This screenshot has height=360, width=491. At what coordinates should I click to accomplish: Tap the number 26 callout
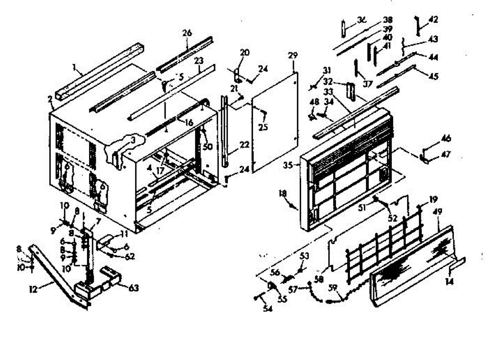click(x=187, y=33)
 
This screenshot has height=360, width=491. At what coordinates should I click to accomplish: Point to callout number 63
click(x=133, y=288)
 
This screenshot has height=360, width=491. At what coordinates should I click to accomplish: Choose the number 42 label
click(x=433, y=19)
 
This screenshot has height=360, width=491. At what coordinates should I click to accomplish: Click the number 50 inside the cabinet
click(x=208, y=146)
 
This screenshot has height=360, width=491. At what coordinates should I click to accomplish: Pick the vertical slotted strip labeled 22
click(x=224, y=131)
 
